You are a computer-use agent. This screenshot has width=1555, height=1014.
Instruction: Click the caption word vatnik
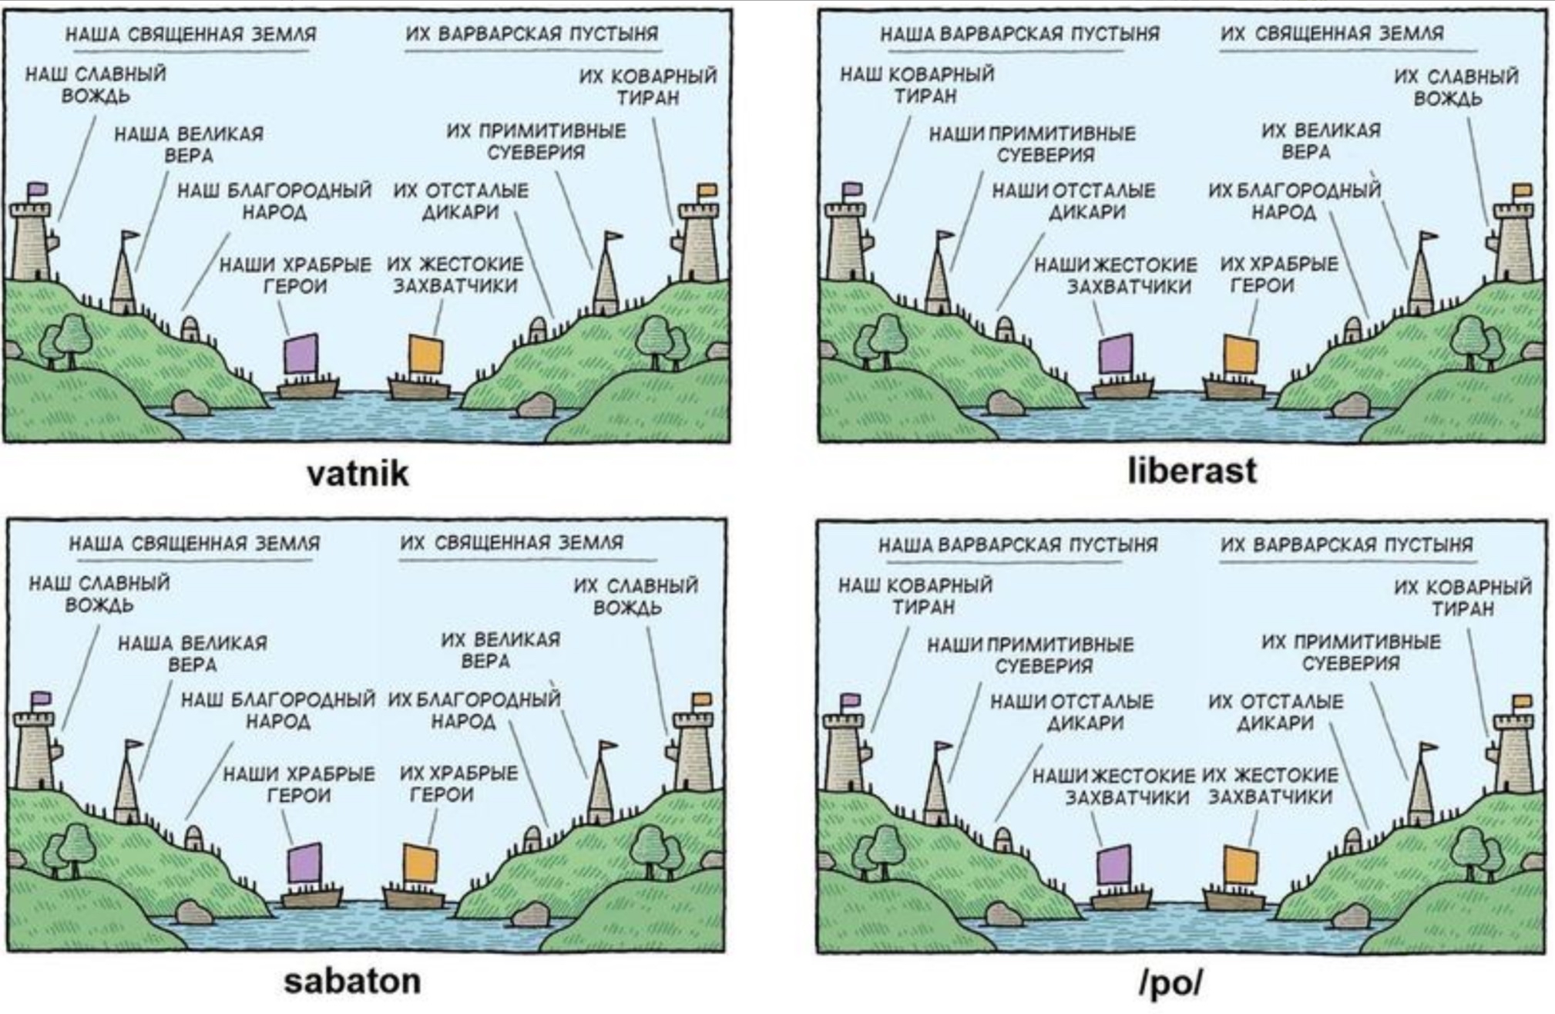point(358,473)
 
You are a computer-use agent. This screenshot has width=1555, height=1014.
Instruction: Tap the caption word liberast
point(1192,470)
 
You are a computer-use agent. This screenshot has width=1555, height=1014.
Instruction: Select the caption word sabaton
point(352,981)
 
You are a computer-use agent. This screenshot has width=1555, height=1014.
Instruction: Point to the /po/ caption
point(1170,982)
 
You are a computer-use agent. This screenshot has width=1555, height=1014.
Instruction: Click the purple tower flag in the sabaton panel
point(42,699)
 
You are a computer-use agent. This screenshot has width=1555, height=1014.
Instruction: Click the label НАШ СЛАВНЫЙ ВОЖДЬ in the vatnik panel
point(96,85)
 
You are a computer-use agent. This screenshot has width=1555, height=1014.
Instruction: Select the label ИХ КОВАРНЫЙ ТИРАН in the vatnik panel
point(648,86)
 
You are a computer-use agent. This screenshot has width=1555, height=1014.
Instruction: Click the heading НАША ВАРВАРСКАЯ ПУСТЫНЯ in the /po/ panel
point(1018,544)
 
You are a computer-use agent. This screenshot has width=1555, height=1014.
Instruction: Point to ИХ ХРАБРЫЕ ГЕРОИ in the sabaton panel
point(458,783)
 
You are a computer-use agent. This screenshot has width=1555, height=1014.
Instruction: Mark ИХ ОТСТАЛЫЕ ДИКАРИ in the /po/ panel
point(1275,712)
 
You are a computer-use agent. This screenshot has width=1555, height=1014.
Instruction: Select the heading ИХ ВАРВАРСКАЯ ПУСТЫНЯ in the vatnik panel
point(532,33)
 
